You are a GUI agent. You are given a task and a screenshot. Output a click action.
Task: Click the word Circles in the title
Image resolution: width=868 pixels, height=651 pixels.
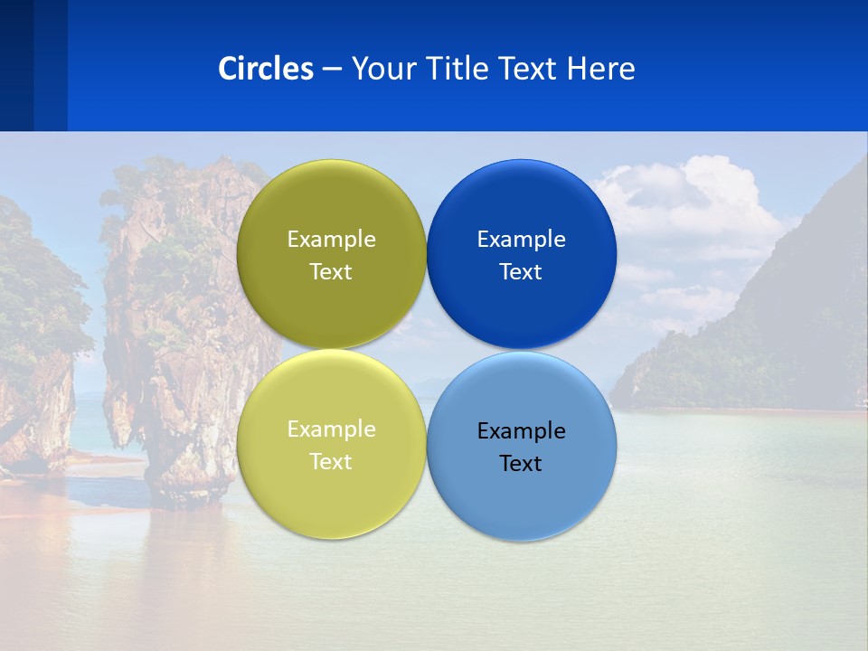point(265,68)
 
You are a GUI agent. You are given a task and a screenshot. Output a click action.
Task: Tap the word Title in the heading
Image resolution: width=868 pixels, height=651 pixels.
point(457,68)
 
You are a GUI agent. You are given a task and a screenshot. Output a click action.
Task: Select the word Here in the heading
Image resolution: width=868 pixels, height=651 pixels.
point(600,68)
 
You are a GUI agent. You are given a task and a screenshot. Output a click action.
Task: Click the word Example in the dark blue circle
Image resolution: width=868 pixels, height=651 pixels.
point(522,239)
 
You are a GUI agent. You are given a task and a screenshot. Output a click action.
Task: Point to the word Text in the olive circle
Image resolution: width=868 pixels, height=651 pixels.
point(331,271)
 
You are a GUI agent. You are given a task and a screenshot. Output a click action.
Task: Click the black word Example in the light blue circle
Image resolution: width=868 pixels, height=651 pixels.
point(522,430)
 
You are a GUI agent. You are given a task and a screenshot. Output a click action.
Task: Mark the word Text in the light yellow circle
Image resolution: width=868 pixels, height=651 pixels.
point(331,461)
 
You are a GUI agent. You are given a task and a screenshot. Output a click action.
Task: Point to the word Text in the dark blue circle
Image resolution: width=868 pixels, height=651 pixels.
point(522,271)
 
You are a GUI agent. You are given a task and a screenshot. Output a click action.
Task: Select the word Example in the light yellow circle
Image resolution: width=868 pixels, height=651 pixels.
point(331,429)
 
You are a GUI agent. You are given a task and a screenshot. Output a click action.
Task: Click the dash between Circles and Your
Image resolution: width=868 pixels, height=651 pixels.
point(332,70)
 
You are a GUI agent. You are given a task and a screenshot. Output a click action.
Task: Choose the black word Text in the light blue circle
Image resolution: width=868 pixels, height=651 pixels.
point(522,463)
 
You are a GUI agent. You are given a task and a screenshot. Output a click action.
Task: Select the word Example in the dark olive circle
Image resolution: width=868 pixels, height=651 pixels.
point(331,239)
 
